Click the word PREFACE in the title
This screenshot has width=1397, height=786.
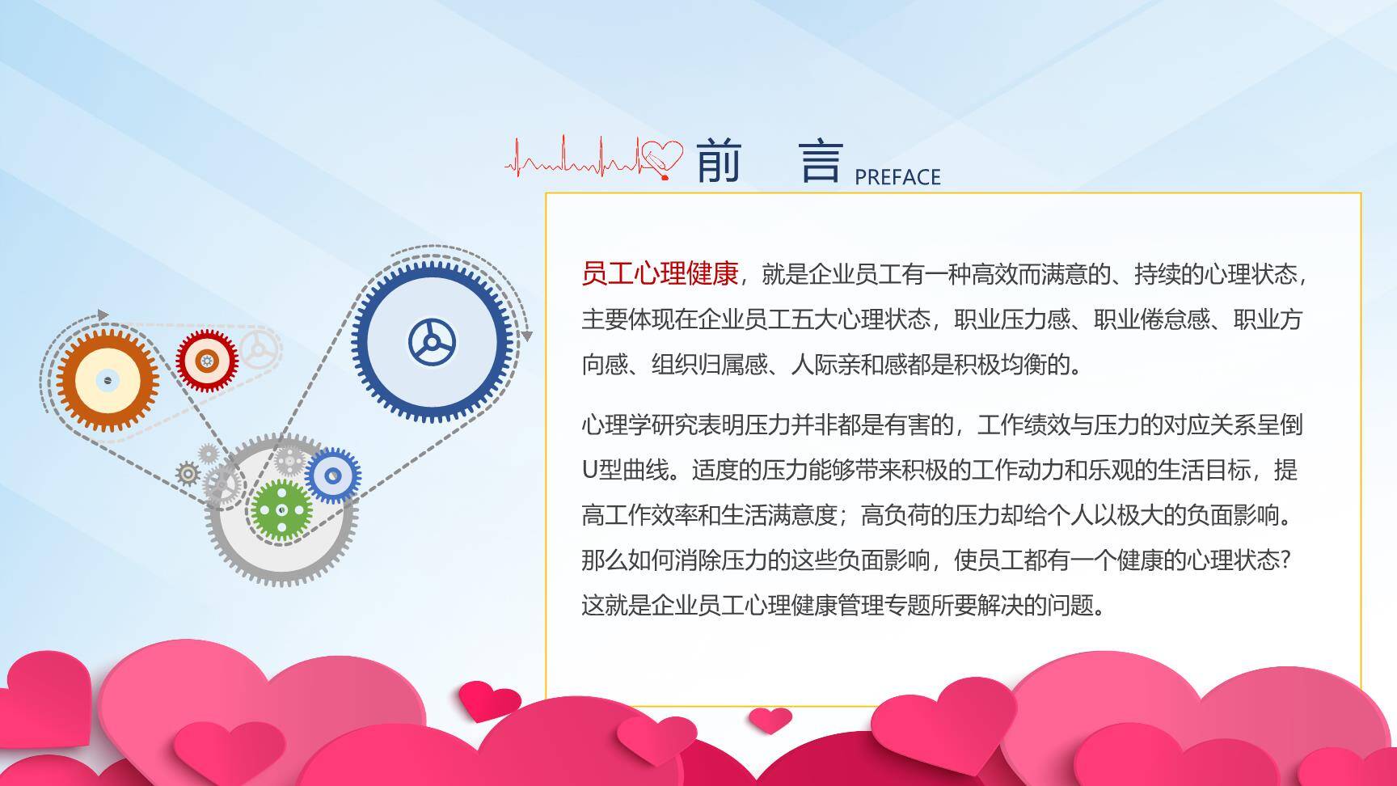click(x=897, y=177)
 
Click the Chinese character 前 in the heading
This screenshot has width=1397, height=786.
click(x=718, y=161)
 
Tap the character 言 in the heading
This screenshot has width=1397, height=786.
click(x=821, y=161)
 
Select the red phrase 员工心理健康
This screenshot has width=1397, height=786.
click(x=660, y=274)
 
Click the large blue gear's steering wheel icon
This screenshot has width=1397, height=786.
click(x=432, y=342)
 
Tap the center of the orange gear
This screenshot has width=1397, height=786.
click(x=107, y=380)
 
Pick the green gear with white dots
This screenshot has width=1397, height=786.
click(x=281, y=509)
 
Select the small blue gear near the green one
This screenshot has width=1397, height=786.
click(x=332, y=475)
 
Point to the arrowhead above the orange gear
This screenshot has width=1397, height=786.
click(x=103, y=315)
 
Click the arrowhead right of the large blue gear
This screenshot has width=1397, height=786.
click(x=526, y=335)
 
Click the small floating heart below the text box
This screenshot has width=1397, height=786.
click(x=769, y=719)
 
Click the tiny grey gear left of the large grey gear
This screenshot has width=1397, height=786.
click(x=188, y=473)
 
